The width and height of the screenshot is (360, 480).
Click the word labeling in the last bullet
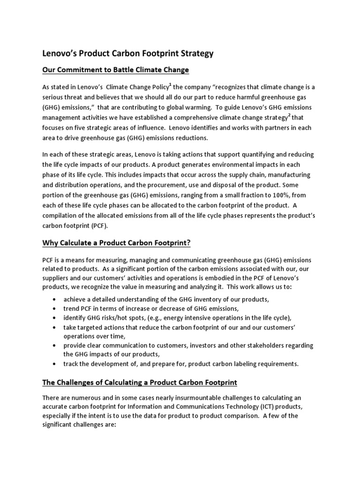click(x=226, y=363)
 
